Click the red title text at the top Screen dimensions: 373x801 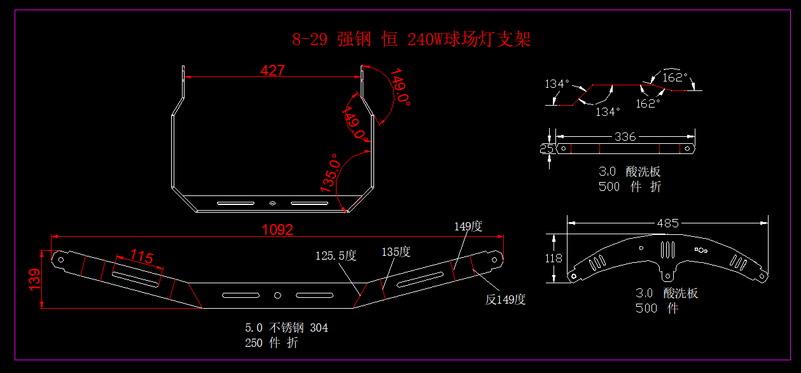click(411, 39)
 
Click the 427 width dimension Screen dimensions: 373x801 click(272, 71)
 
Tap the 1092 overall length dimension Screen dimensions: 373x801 click(278, 230)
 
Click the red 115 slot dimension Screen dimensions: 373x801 click(142, 257)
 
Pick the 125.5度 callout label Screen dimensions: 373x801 click(336, 256)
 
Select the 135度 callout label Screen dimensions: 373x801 click(396, 252)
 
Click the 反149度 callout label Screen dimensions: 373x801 click(505, 300)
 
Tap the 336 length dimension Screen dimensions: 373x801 click(625, 137)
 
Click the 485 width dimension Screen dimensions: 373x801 click(667, 223)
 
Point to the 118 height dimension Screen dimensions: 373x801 click(554, 258)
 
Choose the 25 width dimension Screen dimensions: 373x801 click(546, 148)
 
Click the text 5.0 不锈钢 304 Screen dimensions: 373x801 click(286, 328)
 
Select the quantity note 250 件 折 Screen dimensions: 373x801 click(271, 343)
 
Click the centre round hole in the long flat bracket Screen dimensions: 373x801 click(277, 295)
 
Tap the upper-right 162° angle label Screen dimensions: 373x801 click(675, 78)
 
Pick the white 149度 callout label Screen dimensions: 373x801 click(468, 226)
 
